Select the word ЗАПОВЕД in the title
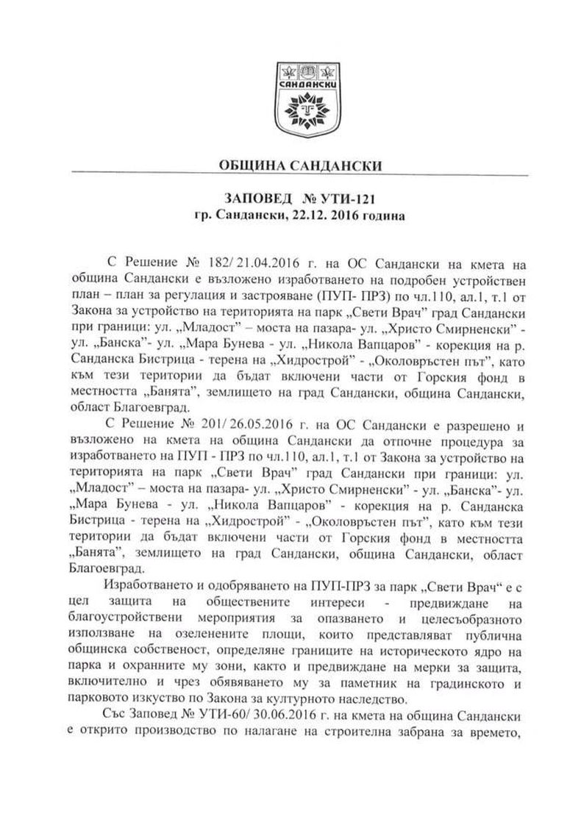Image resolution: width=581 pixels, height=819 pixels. click(250, 200)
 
